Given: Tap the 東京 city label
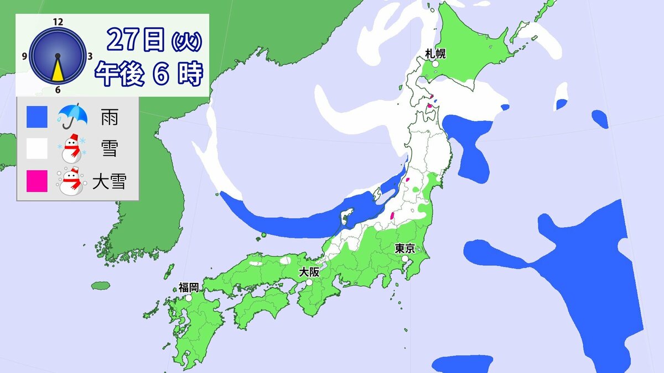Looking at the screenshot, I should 403,249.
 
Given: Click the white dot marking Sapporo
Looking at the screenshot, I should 435,64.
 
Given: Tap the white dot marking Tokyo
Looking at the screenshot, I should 406,258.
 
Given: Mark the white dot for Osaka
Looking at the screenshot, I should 309,282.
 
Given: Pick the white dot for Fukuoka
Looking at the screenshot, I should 189,297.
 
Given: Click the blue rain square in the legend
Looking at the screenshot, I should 37,117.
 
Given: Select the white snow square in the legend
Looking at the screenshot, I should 37,149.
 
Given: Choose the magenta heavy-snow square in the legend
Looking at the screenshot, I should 37,181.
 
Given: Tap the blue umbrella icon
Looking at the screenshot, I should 72,115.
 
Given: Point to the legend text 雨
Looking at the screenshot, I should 109,117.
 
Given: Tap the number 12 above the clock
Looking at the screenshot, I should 58,22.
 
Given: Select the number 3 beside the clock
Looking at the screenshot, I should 90,56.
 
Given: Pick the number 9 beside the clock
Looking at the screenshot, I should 25,56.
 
